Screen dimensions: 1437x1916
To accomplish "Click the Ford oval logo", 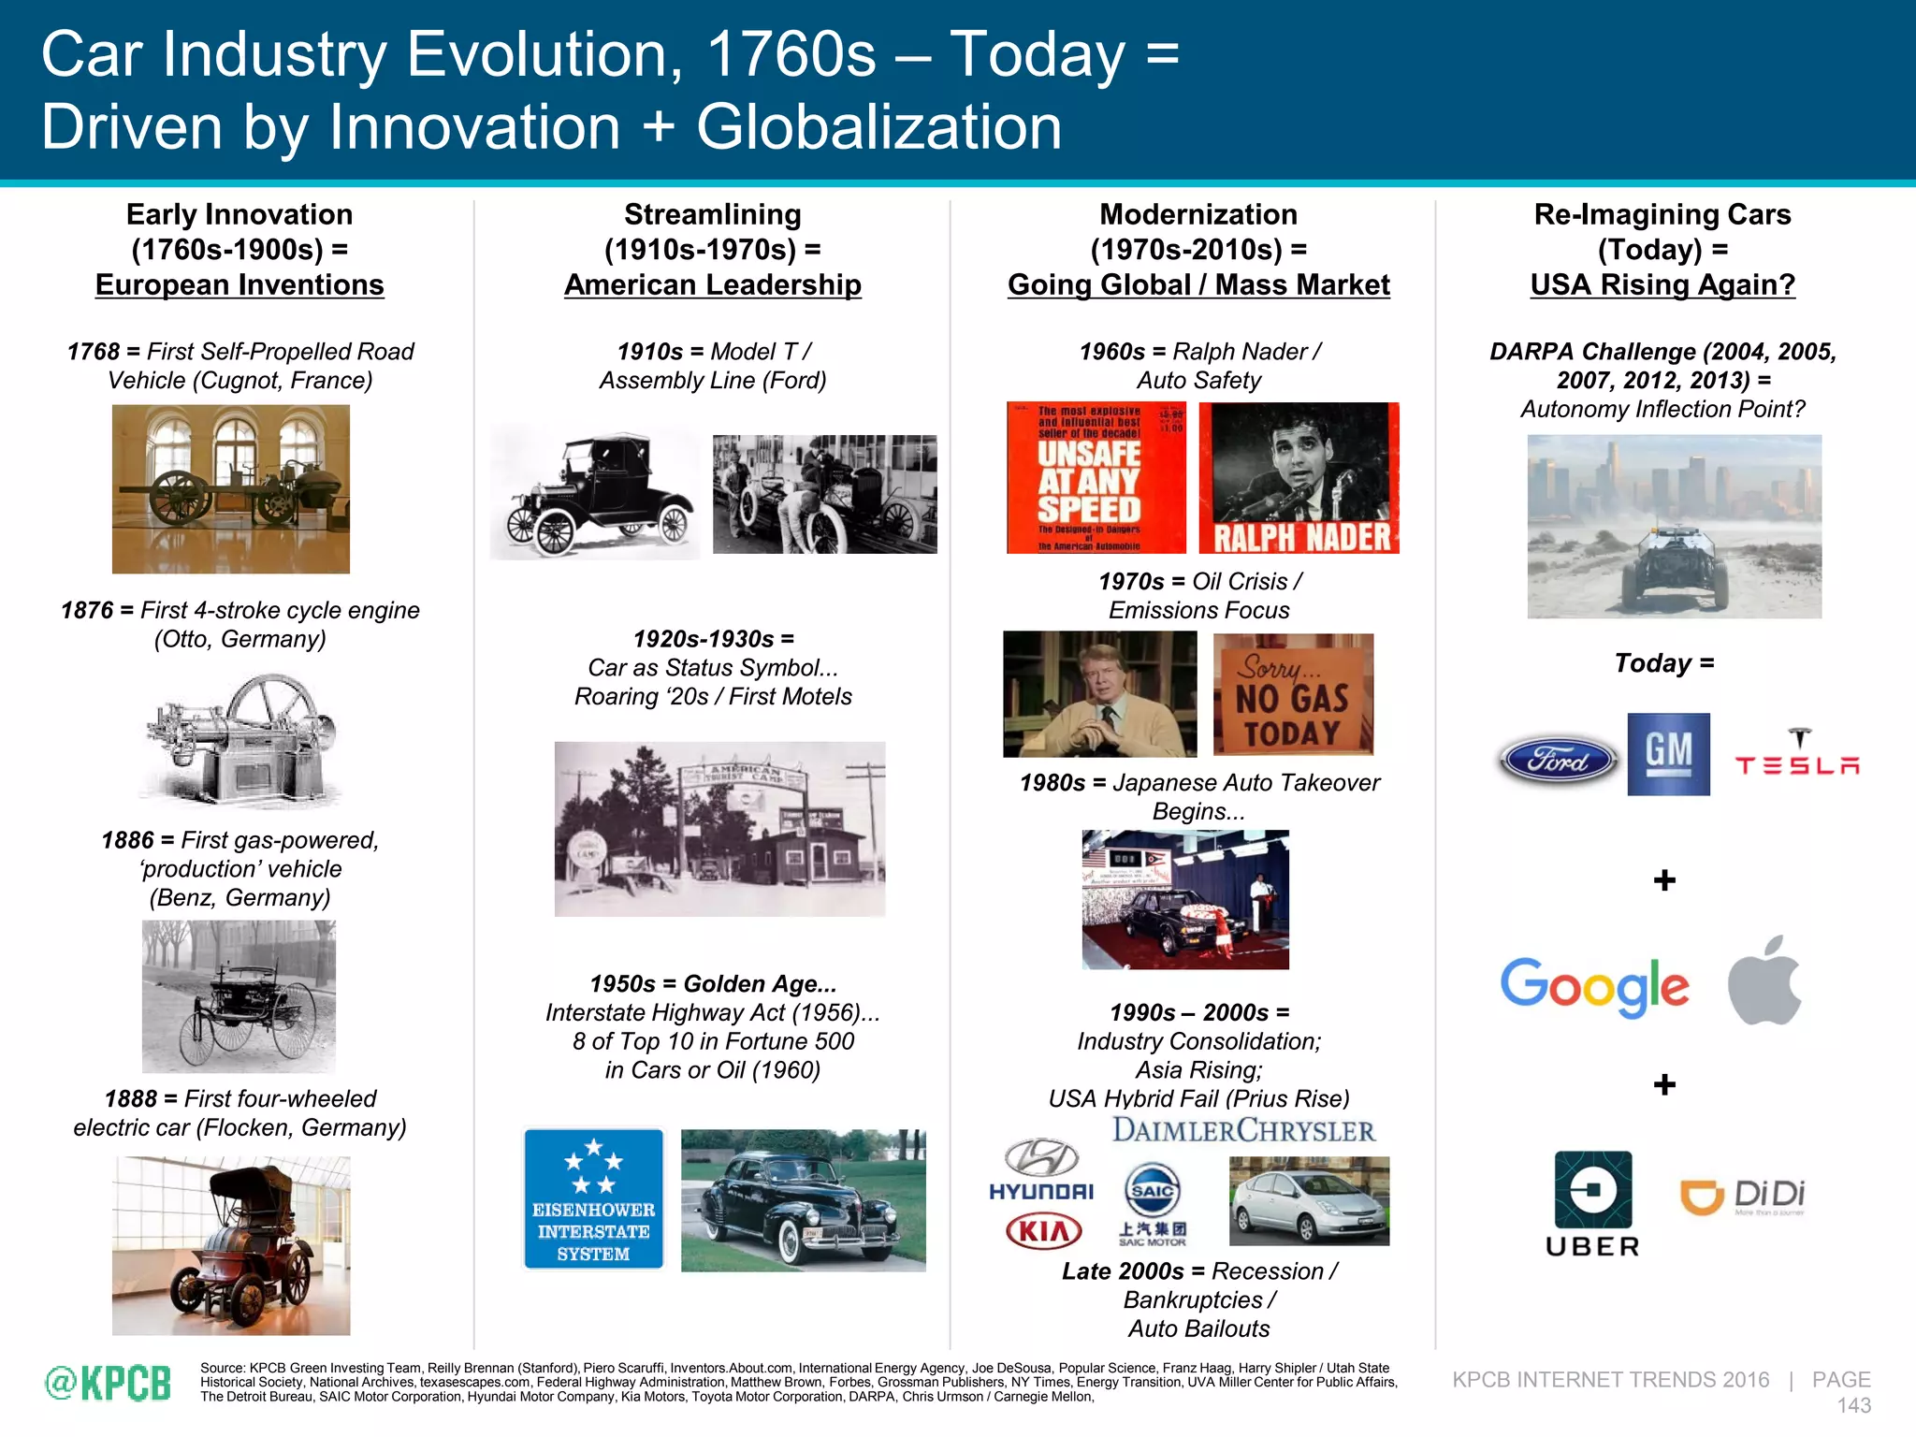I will pyautogui.click(x=1558, y=760).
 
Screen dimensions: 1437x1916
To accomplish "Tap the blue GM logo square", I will pyautogui.click(x=1668, y=754).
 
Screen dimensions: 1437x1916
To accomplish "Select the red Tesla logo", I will pyautogui.click(x=1797, y=754).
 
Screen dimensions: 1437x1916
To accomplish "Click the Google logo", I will pyautogui.click(x=1594, y=986).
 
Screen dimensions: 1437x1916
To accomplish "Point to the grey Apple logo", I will pyautogui.click(x=1764, y=980).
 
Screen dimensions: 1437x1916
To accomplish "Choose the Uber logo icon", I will pyautogui.click(x=1592, y=1190).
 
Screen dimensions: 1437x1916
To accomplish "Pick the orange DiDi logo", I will pyautogui.click(x=1742, y=1197).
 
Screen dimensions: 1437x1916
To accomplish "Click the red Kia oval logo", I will pyautogui.click(x=1043, y=1231).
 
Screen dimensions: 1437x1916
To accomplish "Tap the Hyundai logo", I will pyautogui.click(x=1041, y=1169).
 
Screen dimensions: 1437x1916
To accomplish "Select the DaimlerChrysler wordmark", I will pyautogui.click(x=1243, y=1130).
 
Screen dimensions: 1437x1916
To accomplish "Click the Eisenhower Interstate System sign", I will pyautogui.click(x=594, y=1198).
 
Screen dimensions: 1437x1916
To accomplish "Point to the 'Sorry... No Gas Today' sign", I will pyautogui.click(x=1293, y=694).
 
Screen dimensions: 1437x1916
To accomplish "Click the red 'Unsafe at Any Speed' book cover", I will pyautogui.click(x=1096, y=478).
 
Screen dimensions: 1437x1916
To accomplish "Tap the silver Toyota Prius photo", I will pyautogui.click(x=1309, y=1201).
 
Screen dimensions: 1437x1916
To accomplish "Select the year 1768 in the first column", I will pyautogui.click(x=93, y=352).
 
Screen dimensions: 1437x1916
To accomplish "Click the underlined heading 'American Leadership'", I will pyautogui.click(x=712, y=285).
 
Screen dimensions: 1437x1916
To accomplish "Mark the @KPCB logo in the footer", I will pyautogui.click(x=109, y=1383).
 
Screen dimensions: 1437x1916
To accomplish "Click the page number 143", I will pyautogui.click(x=1853, y=1405).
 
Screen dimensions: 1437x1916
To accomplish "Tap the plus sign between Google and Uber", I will pyautogui.click(x=1664, y=1084).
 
